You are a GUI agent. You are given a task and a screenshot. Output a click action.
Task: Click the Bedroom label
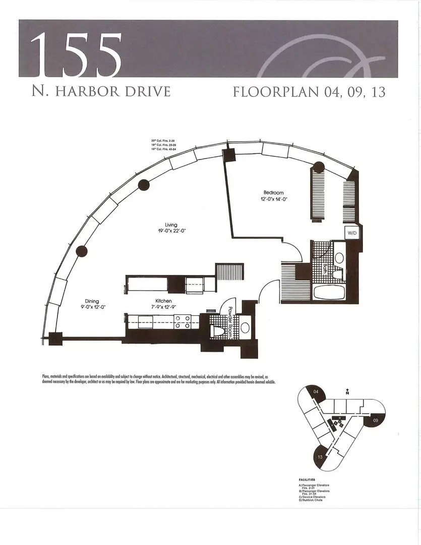[x=274, y=193]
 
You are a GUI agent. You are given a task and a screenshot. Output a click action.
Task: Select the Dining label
[x=92, y=301]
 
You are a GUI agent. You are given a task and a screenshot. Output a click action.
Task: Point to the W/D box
[x=351, y=233]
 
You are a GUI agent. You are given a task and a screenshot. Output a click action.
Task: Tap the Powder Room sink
[x=245, y=328]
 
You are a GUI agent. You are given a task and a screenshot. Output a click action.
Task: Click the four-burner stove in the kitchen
[x=181, y=321]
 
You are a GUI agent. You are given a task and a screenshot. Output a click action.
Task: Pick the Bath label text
[x=326, y=269]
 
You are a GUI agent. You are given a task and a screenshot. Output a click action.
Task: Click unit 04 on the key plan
[x=316, y=392]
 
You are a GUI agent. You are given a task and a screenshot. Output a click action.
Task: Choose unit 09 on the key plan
[x=376, y=420]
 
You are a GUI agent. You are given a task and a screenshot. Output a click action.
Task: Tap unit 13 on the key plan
[x=320, y=457]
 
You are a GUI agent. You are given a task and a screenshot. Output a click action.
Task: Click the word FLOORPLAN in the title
[x=271, y=92]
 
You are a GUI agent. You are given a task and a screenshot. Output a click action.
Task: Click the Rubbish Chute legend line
[x=311, y=500]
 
